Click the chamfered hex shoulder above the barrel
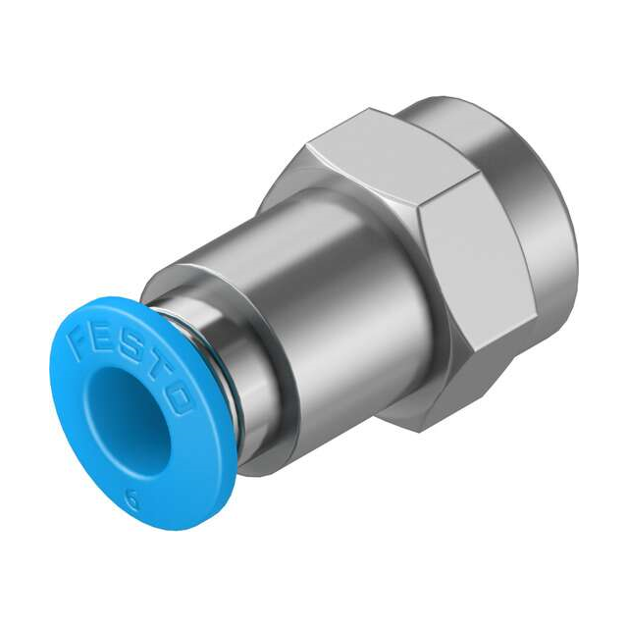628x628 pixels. point(294,196)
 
